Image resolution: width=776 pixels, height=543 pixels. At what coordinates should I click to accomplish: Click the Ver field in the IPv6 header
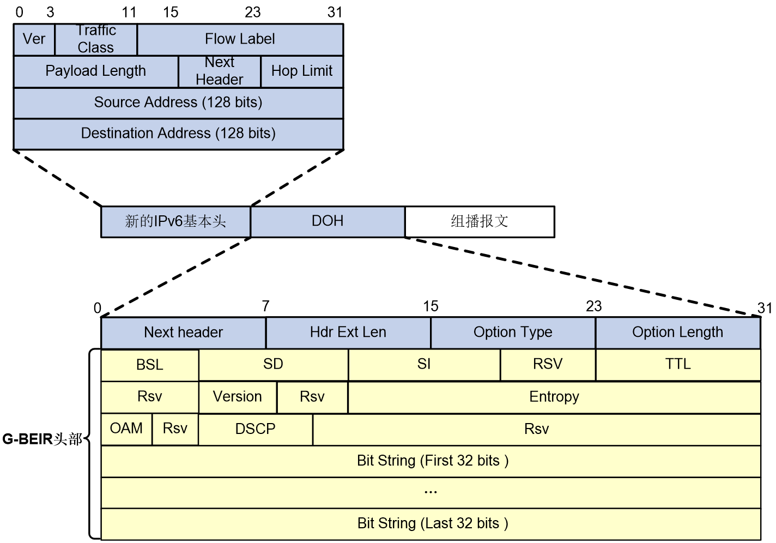[34, 39]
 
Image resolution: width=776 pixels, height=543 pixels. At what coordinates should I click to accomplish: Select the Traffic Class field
[96, 39]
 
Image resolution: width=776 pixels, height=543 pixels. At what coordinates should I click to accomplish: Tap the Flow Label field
[240, 39]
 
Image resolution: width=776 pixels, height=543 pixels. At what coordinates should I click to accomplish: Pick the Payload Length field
[96, 71]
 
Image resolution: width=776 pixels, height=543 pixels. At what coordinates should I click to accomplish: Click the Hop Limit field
[302, 71]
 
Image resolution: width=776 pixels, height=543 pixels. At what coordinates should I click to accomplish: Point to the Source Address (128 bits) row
[178, 103]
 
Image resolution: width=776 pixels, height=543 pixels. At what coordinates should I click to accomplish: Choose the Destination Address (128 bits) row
[178, 134]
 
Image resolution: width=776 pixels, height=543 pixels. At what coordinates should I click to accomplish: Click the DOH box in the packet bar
[328, 222]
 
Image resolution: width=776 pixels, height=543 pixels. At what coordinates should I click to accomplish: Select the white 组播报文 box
[480, 222]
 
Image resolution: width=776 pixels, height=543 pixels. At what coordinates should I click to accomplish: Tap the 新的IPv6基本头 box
[175, 222]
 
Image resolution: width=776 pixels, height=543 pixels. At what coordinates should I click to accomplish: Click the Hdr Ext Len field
[348, 333]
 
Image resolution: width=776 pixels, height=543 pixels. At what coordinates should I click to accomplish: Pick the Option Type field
[513, 333]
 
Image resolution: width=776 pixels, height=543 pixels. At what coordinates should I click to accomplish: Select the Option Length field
[678, 333]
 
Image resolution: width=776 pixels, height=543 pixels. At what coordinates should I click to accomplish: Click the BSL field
[150, 365]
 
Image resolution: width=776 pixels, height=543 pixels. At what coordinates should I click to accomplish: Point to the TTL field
[678, 365]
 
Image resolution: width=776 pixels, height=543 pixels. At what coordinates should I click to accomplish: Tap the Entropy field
[554, 397]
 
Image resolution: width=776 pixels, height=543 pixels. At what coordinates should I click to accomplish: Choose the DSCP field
[256, 430]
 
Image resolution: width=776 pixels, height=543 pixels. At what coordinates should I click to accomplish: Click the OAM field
[126, 430]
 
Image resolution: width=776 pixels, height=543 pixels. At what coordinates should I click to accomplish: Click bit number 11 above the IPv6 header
[129, 13]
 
